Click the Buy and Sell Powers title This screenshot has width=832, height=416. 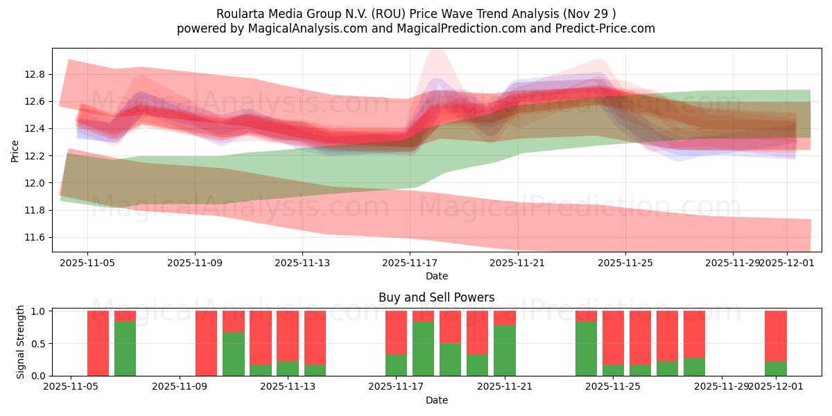[x=436, y=297]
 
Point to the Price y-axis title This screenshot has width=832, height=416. [x=15, y=150]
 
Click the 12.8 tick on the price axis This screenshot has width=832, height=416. [x=36, y=74]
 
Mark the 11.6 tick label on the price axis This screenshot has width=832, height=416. [x=36, y=237]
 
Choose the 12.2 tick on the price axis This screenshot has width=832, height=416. [x=36, y=156]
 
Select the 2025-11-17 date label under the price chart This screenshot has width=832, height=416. [x=410, y=263]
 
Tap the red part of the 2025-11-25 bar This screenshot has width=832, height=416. [x=613, y=337]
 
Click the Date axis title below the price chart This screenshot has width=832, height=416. [x=436, y=276]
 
